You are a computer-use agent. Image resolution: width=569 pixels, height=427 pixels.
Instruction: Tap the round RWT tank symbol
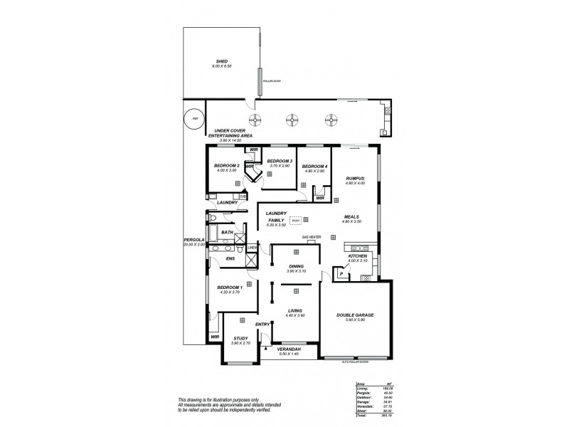tap(191, 120)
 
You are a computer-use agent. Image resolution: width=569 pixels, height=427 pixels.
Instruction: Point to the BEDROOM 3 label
tap(280, 162)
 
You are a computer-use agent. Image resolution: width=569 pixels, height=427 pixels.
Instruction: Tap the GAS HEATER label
tap(312, 236)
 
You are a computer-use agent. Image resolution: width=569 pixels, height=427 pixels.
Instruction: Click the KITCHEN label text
tap(357, 255)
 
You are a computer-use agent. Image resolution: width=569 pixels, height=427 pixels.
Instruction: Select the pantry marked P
tap(341, 273)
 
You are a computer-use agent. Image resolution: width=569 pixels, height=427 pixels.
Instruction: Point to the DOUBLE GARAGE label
tap(355, 315)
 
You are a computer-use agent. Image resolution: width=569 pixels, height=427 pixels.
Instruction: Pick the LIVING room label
tap(294, 311)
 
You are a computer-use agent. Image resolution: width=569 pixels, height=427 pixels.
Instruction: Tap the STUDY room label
tap(241, 339)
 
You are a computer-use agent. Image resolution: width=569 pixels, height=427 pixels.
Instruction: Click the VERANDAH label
tap(288, 349)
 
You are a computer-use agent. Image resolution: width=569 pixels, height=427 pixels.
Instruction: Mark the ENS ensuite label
tap(230, 258)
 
